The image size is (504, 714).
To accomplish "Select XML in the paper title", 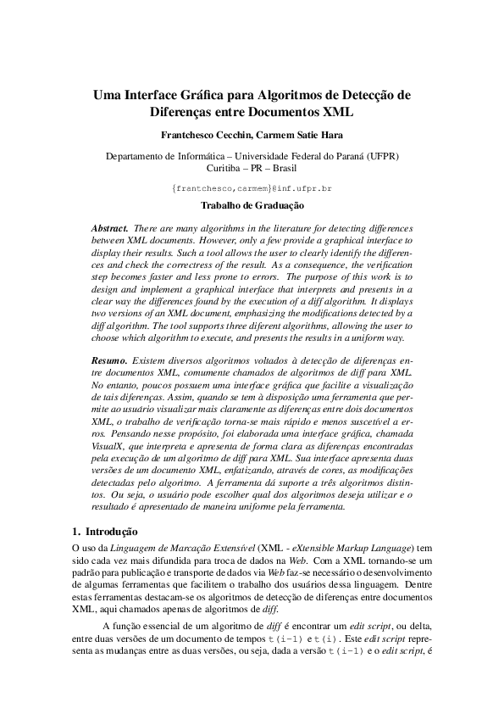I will pos(335,111).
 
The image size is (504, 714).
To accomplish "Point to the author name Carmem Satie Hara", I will pos(292,135).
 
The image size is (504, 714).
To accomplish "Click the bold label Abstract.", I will pos(110,229).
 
